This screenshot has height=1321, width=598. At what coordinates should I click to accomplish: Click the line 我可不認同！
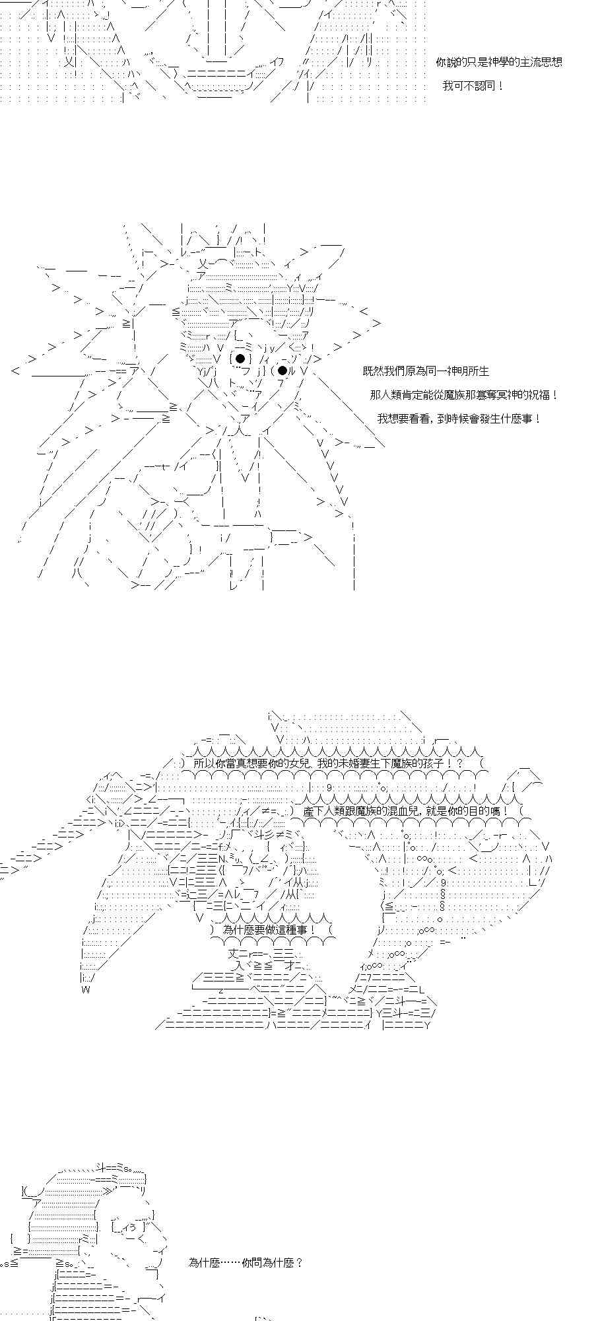[473, 86]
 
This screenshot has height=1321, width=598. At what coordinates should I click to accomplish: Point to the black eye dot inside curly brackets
[240, 359]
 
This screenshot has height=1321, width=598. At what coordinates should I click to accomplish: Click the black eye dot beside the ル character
[282, 370]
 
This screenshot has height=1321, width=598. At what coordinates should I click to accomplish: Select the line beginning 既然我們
[426, 372]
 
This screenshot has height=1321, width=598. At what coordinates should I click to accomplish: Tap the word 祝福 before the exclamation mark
[538, 395]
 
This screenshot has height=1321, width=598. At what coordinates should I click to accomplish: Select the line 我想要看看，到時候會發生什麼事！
[459, 419]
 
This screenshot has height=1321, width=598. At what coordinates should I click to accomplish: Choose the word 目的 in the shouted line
[474, 810]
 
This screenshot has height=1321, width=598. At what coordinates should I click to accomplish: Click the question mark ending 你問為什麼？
[300, 1262]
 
